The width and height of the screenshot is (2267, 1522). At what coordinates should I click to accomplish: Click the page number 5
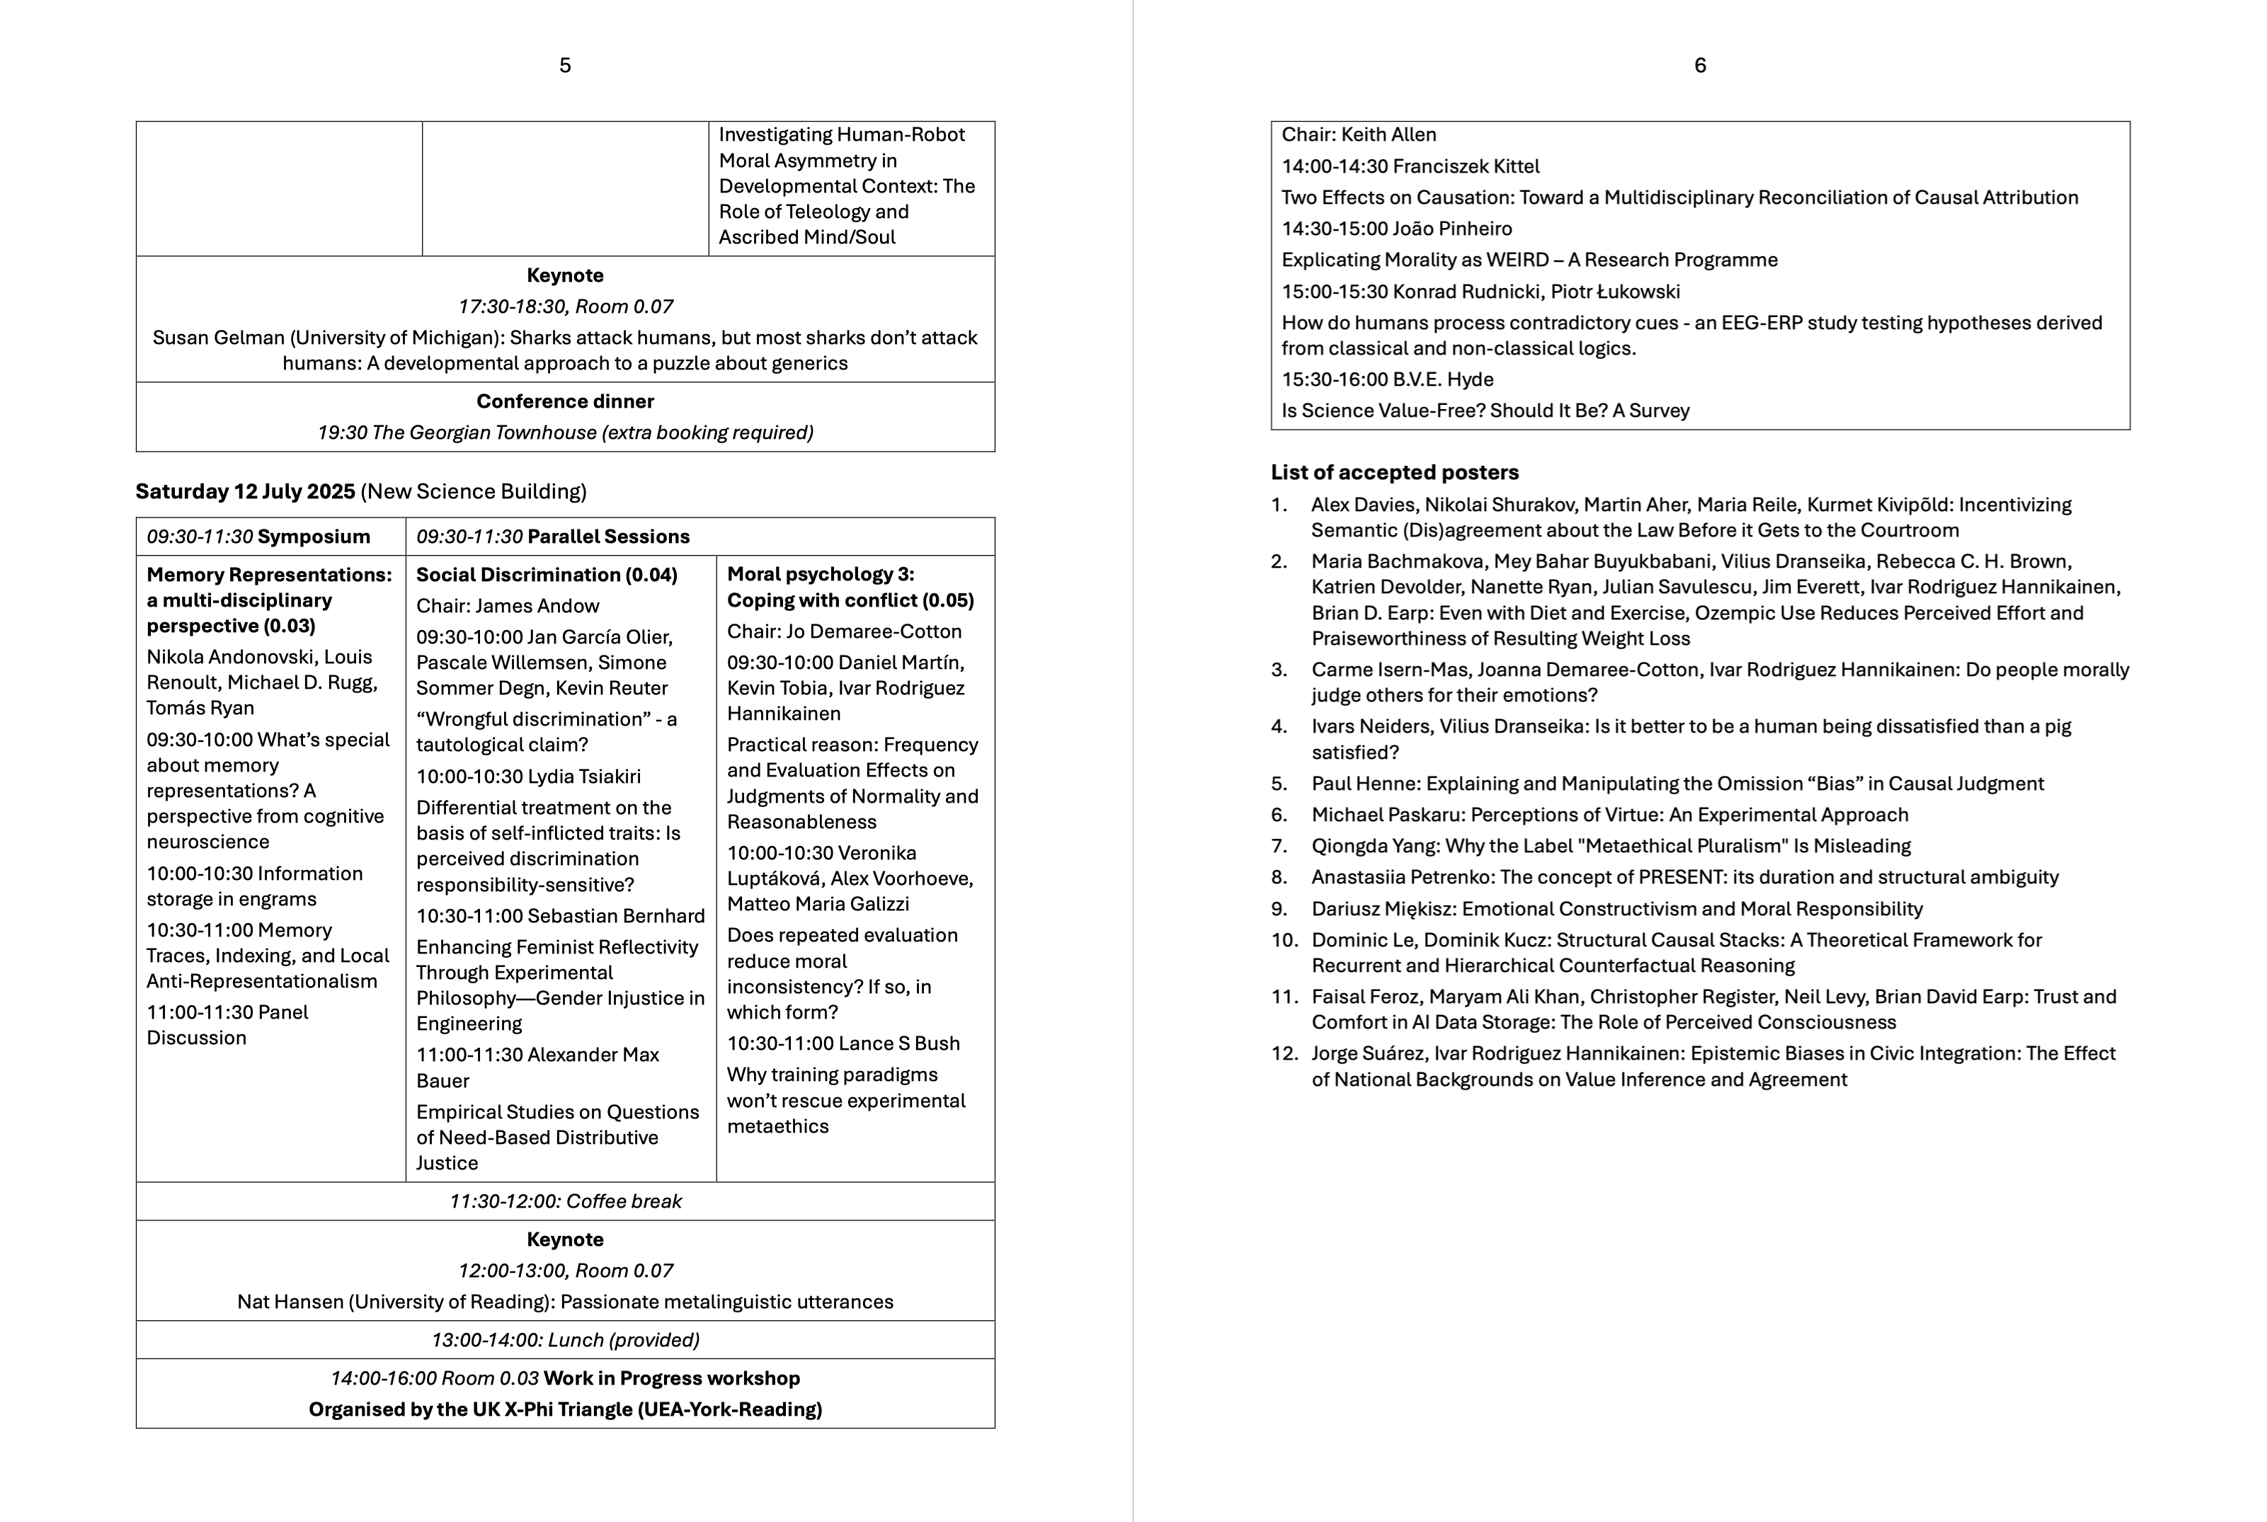[x=565, y=65]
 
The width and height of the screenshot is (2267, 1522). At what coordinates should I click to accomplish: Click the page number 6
[x=1700, y=65]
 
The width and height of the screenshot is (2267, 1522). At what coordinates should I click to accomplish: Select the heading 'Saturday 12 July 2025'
[x=246, y=491]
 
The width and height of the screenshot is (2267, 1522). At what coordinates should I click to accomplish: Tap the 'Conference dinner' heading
[x=565, y=401]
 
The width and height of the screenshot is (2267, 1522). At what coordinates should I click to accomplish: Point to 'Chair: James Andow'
[x=508, y=606]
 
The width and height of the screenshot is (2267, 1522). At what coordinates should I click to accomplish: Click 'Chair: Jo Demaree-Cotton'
[x=844, y=631]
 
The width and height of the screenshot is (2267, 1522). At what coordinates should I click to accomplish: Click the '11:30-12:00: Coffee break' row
[x=565, y=1201]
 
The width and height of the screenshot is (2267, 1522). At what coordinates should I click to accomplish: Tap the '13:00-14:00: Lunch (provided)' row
[x=565, y=1339]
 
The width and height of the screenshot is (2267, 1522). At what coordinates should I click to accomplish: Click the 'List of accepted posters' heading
[x=1394, y=473]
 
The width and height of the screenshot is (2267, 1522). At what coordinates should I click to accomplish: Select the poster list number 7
[x=1279, y=845]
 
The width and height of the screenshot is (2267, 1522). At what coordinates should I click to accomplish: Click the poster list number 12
[x=1284, y=1053]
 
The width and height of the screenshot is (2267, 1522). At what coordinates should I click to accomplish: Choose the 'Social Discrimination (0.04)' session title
[x=547, y=575]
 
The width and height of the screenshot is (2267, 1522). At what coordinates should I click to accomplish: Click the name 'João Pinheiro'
[x=1451, y=229]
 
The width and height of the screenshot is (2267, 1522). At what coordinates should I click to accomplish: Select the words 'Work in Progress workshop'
[x=671, y=1378]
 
